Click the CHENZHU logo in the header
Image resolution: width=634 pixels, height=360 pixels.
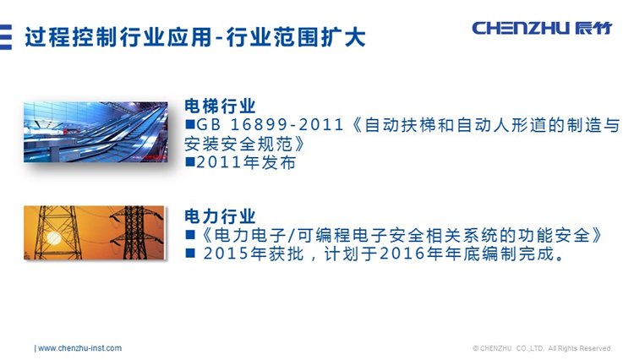click(x=542, y=28)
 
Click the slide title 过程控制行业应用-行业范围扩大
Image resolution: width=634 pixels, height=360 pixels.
click(x=195, y=37)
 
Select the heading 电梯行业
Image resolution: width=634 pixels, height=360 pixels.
click(x=220, y=106)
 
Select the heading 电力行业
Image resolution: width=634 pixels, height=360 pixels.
click(x=220, y=216)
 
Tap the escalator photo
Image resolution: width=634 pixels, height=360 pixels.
click(x=96, y=132)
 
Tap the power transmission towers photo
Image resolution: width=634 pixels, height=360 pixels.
click(x=94, y=232)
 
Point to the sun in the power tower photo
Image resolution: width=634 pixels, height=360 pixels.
click(x=52, y=237)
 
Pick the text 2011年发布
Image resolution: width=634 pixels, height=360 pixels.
click(x=246, y=163)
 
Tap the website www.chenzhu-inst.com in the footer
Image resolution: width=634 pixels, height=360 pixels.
click(x=79, y=348)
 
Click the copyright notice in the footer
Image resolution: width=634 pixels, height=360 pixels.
click(x=542, y=348)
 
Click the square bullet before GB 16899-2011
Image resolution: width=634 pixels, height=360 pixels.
click(x=189, y=125)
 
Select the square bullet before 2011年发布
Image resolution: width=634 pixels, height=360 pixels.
click(x=189, y=162)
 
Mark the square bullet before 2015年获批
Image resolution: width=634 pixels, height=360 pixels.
click(x=189, y=254)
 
